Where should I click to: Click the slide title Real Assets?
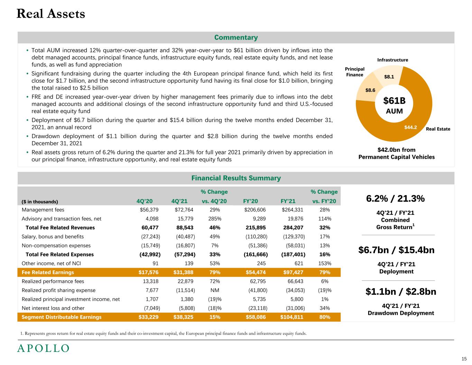pos(51,14)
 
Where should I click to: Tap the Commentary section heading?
pos(236,37)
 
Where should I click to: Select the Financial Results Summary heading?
pos(236,178)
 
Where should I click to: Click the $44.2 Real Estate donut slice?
pos(411,127)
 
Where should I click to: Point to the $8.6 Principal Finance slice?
pos(370,90)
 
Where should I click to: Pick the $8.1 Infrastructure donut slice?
pos(389,77)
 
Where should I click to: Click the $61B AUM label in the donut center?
pos(394,105)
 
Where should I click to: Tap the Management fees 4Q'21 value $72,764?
pos(184,210)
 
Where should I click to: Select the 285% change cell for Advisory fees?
pos(214,219)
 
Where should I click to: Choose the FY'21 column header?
pos(288,201)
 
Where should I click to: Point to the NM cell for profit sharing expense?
pos(214,290)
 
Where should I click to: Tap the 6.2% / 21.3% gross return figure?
pos(395,199)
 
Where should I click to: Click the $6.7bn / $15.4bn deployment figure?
pos(397,250)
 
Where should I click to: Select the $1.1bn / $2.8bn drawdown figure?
pos(401,292)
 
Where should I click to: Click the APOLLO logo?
pos(43,348)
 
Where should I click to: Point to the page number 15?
pos(464,358)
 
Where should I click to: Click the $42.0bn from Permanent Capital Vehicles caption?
pos(396,153)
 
